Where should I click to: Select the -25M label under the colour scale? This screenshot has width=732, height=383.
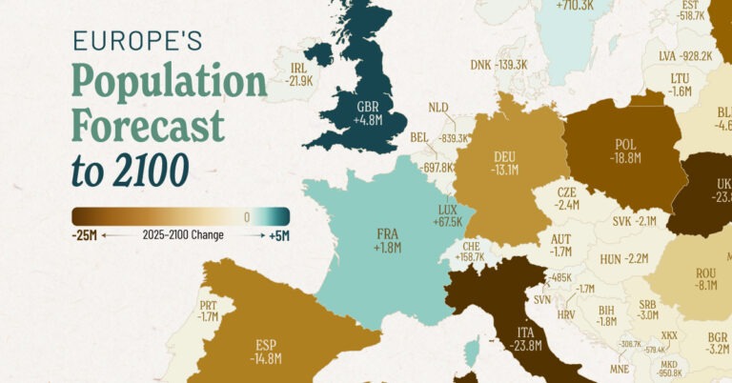(x=84, y=234)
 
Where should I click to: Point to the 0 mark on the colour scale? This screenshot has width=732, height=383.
(x=246, y=216)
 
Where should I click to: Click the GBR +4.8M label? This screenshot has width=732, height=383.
(x=368, y=114)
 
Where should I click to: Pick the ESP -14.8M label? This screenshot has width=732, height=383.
(x=268, y=352)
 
